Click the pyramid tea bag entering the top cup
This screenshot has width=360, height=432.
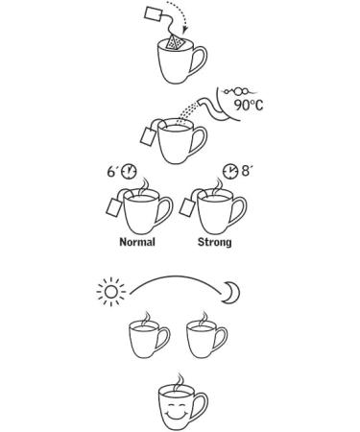175,43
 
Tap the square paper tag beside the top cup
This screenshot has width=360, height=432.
153,14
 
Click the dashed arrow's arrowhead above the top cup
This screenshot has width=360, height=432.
184,30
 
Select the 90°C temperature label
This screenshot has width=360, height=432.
249,105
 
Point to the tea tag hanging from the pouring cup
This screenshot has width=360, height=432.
148,136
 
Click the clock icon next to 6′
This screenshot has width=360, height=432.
129,171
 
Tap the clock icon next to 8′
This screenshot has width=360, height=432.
230,171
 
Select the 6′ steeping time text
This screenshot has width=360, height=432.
111,172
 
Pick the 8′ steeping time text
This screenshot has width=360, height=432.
246,171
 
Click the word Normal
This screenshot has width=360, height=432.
137,242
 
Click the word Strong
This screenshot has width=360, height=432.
215,242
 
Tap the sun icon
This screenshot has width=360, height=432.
111,292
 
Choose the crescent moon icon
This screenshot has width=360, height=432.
232,293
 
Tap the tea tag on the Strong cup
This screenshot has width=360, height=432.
187,206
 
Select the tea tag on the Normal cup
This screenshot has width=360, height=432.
113,206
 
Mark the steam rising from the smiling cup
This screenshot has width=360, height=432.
180,381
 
